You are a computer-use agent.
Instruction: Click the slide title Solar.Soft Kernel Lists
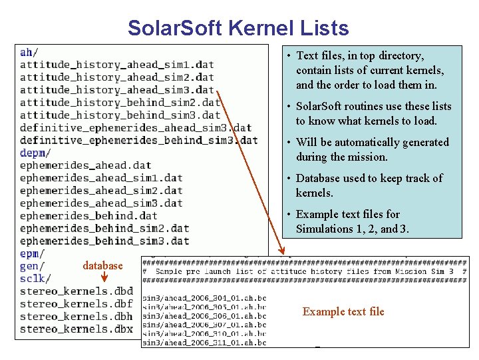(238, 28)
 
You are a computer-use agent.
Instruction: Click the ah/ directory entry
(29, 52)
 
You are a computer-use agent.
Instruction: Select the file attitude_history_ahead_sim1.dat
(117, 65)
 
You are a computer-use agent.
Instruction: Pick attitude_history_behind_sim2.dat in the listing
(120, 102)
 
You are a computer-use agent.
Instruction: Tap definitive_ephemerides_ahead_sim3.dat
(136, 127)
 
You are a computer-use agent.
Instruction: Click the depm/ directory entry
(33, 153)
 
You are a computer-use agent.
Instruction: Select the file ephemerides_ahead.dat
(86, 165)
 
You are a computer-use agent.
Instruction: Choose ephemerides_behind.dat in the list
(88, 215)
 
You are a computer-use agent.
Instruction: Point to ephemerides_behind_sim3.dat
(104, 241)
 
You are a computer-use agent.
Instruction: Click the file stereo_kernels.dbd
(77, 291)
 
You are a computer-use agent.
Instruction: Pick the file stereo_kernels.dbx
(77, 329)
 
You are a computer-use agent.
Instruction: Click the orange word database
(103, 266)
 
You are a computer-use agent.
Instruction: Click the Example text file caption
(343, 311)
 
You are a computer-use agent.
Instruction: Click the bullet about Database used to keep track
(364, 185)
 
